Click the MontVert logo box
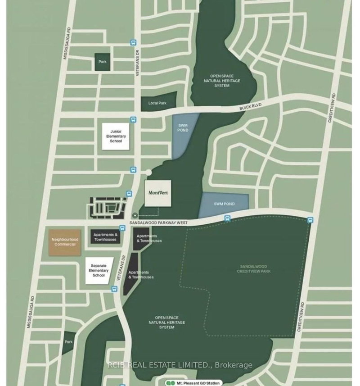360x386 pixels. point(158,194)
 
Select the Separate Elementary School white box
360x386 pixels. point(99,271)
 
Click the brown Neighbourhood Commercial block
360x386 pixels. point(63,242)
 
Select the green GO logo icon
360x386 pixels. point(170,383)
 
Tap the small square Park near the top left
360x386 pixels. point(103,62)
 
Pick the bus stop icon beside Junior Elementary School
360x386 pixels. point(133,120)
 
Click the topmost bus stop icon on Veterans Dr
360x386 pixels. point(133,42)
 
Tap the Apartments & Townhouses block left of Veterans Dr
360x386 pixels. point(105,236)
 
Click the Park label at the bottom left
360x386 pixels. point(68,342)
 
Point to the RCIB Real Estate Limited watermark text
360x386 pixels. point(180,365)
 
